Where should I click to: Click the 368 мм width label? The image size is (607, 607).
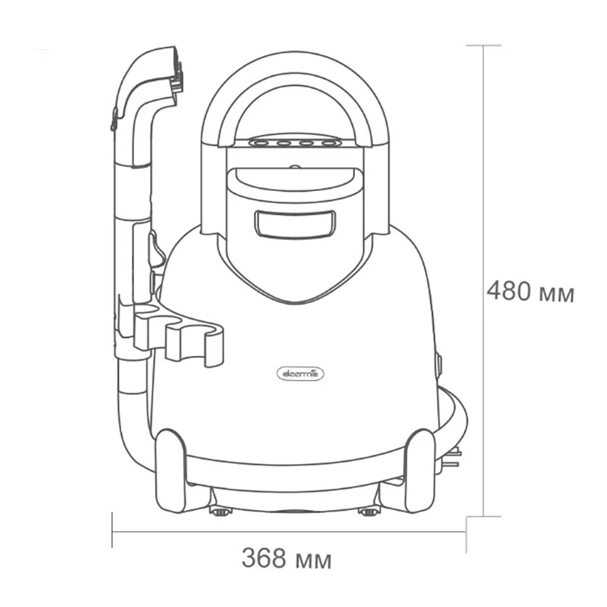point(287,558)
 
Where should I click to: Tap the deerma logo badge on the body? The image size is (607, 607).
point(301,375)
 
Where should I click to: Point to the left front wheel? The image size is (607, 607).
point(171,470)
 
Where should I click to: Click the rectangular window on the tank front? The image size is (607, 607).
point(295,225)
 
